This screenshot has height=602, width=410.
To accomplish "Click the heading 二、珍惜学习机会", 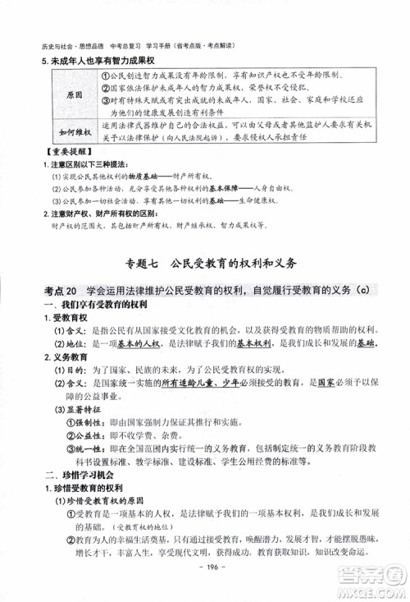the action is click(x=78, y=476).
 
